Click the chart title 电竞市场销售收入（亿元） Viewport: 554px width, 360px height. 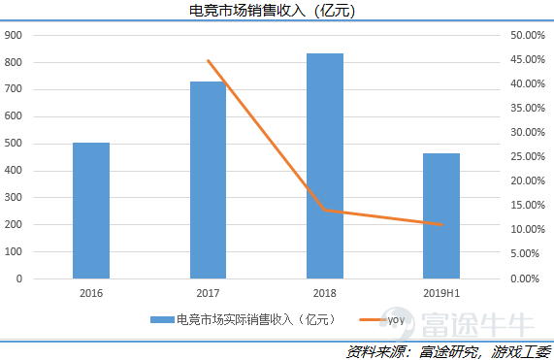277,12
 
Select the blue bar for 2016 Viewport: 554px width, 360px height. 91,211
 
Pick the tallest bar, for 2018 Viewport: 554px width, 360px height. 324,166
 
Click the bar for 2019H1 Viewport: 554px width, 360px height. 441,215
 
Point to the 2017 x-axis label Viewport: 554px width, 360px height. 208,292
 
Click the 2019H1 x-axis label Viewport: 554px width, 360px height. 441,292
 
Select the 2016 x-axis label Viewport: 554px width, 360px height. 91,292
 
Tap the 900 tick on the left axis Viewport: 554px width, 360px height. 14,35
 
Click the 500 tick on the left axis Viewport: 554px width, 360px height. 14,144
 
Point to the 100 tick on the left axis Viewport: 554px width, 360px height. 14,251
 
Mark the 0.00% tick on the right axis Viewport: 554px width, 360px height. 526,278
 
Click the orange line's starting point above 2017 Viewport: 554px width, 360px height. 208,60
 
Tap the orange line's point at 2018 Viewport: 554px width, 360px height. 324,210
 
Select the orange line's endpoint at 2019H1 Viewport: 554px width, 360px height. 441,225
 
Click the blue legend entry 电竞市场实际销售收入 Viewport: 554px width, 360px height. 243,318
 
